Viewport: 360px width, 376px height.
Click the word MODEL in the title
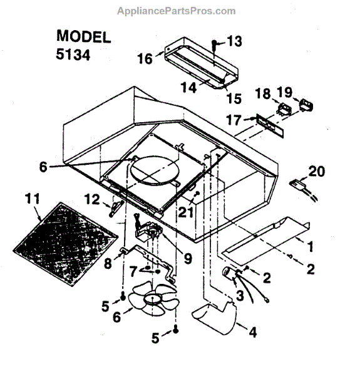click(x=83, y=36)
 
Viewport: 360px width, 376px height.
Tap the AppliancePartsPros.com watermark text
click(x=177, y=11)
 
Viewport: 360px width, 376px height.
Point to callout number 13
click(x=234, y=42)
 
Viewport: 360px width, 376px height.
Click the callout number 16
click(x=145, y=58)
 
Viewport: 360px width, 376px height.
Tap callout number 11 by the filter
click(x=32, y=200)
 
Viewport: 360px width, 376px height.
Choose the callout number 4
click(x=252, y=333)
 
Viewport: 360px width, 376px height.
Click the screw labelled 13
click(x=215, y=46)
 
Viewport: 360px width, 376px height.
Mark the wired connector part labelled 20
click(x=298, y=185)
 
